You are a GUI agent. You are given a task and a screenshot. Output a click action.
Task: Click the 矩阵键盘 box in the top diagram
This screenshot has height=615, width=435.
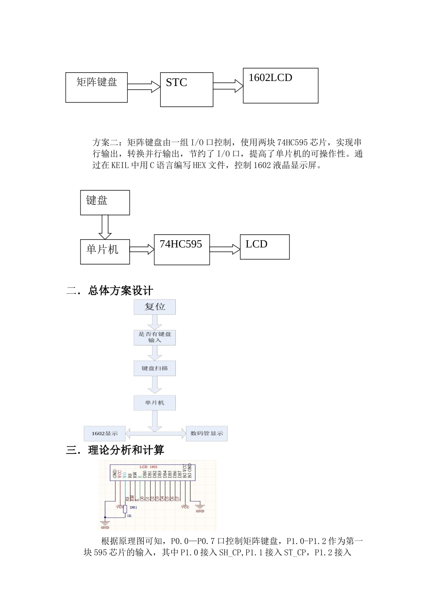tap(97, 87)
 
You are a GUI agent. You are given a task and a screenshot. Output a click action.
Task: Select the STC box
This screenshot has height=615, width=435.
tap(186, 89)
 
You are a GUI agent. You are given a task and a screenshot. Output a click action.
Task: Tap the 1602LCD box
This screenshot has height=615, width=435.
tap(280, 86)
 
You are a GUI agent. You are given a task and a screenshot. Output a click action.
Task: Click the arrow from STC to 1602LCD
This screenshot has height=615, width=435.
tap(228, 86)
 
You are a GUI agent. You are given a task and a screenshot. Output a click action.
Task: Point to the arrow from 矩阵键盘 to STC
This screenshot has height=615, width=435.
tap(143, 86)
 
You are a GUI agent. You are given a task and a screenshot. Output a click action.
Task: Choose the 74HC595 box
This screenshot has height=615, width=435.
tap(182, 249)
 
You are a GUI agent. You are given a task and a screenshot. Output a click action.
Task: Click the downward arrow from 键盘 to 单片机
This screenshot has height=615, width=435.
tap(105, 227)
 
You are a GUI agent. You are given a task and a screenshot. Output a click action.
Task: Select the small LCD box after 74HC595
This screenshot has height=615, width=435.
tap(265, 247)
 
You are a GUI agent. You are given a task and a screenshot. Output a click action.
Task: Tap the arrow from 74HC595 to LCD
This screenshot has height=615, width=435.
tap(225, 249)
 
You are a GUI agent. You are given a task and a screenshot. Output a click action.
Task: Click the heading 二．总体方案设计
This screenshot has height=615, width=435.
tap(109, 291)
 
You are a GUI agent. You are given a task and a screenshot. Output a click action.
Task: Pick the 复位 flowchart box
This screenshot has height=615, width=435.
tap(155, 307)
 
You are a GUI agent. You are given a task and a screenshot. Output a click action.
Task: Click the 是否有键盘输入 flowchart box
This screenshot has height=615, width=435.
tap(155, 337)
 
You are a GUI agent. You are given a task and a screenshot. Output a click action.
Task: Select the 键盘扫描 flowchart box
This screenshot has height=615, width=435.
tap(155, 368)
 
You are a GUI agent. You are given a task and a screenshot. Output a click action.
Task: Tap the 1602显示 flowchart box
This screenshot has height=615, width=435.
tap(104, 433)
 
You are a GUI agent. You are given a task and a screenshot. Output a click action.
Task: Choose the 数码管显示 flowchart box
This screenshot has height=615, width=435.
tap(207, 433)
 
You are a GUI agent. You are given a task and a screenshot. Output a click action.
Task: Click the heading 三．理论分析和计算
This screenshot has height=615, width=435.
tap(115, 450)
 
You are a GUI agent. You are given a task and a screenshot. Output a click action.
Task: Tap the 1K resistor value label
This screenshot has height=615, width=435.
tap(129, 516)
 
